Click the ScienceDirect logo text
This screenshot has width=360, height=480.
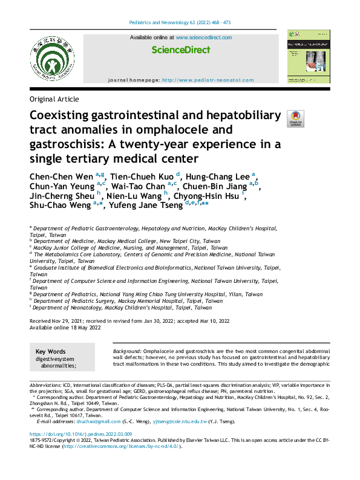180,50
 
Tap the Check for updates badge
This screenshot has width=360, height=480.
296,118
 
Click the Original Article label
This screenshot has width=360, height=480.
54,99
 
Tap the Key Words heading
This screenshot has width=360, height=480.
51,352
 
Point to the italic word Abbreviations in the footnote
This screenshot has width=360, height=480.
45,385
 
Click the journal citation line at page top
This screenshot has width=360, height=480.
180,23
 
